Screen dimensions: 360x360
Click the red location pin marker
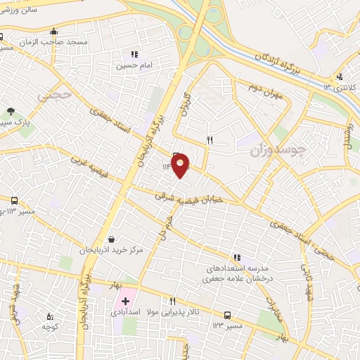pyautogui.click(x=181, y=164)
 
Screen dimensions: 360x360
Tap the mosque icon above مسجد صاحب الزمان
pyautogui.click(x=54, y=31)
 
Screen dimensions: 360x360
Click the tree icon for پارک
pyautogui.click(x=11, y=111)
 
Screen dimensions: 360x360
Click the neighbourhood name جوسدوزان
pyautogui.click(x=279, y=150)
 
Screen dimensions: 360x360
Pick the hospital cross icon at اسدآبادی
pyautogui.click(x=126, y=301)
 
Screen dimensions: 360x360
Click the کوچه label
pyautogui.click(x=49, y=327)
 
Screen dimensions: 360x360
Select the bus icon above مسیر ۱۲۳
pyautogui.click(x=226, y=315)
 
